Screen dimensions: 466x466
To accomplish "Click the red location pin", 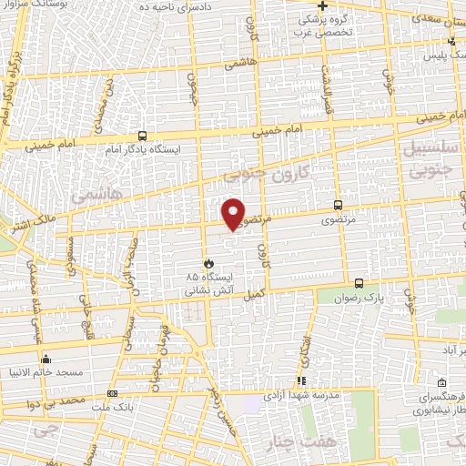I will pyautogui.click(x=234, y=213).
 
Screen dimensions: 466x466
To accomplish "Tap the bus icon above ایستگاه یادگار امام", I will pyautogui.click(x=142, y=133).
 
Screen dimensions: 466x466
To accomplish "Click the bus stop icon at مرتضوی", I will pyautogui.click(x=339, y=206).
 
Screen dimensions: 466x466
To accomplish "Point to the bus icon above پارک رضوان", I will pyautogui.click(x=360, y=283).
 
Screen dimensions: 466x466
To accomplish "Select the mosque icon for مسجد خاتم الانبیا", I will pyautogui.click(x=46, y=359).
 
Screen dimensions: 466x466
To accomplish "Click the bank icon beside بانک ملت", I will pyautogui.click(x=113, y=393).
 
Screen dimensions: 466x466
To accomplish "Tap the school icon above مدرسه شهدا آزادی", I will pyautogui.click(x=301, y=381).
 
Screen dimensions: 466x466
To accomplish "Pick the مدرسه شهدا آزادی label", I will pyautogui.click(x=301, y=396).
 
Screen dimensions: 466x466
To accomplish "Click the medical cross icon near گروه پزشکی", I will pyautogui.click(x=322, y=5).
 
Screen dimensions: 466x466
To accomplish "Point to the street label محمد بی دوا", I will pyautogui.click(x=56, y=400).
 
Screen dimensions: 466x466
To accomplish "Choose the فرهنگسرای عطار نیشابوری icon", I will pyautogui.click(x=441, y=382).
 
